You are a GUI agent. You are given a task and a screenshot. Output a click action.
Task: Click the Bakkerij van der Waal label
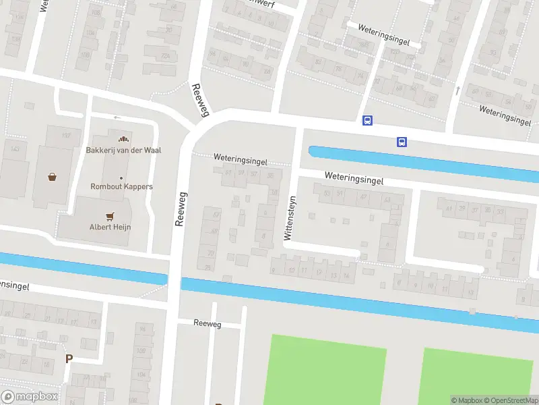(127, 151)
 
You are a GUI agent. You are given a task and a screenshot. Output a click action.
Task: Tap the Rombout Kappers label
(121, 186)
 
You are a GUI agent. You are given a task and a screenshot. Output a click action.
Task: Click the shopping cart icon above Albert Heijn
(110, 216)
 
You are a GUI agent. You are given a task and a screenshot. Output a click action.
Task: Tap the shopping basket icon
(52, 178)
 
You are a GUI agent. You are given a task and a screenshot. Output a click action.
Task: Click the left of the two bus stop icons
(367, 121)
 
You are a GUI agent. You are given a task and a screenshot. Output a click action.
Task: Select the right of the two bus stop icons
(402, 142)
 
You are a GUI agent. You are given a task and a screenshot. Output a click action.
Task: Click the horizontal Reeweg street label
(207, 324)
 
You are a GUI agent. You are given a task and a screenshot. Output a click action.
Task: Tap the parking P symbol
(68, 358)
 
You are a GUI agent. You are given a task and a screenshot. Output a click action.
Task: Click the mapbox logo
(30, 397)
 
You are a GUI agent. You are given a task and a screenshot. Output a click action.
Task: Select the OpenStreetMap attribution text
(510, 400)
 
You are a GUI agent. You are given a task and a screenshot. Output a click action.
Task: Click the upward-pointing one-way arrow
(457, 90)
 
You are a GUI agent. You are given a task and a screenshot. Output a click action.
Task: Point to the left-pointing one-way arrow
(117, 117)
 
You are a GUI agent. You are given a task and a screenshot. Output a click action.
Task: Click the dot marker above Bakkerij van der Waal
(123, 139)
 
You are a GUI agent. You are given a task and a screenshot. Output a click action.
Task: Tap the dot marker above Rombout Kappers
(121, 178)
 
